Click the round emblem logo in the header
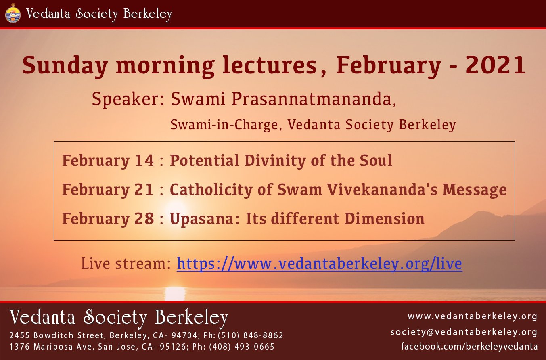click(x=13, y=14)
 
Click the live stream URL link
click(x=319, y=264)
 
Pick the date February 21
click(x=108, y=190)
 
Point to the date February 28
click(x=108, y=219)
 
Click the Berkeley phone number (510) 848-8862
click(x=250, y=336)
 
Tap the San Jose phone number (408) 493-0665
click(x=242, y=347)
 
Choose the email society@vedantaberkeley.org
click(x=464, y=332)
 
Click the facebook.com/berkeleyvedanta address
click(x=469, y=346)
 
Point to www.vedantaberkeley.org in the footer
click(x=473, y=316)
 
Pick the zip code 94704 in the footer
click(x=184, y=336)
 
